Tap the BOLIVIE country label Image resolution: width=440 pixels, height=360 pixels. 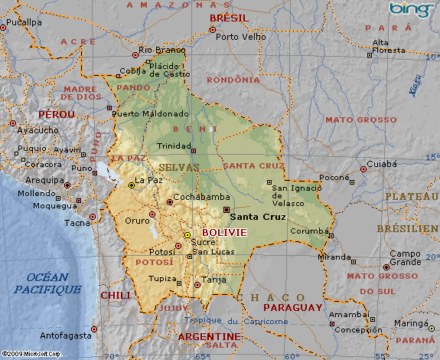tap(224, 232)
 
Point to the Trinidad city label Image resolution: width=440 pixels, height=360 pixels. tap(174, 146)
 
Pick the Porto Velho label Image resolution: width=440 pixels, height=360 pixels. tap(236, 36)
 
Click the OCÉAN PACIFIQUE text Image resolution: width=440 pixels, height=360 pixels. tap(47, 283)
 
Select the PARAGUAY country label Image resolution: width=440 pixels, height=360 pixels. tap(292, 307)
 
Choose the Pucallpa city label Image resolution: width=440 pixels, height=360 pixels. tap(24, 22)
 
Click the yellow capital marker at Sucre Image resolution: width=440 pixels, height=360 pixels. tap(187, 235)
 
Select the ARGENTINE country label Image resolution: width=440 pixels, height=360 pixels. tap(209, 337)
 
